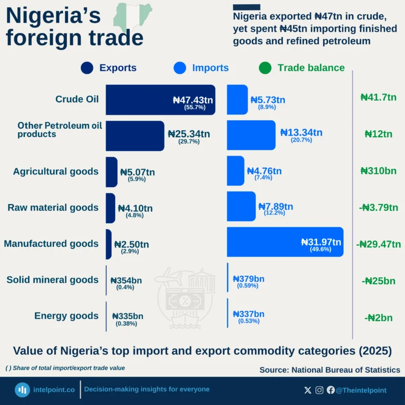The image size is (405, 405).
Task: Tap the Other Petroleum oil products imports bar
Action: click(x=251, y=135)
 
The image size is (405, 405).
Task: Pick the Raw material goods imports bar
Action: click(x=240, y=206)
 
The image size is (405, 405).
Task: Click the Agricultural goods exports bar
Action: click(x=111, y=172)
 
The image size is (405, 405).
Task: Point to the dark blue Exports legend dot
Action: click(x=87, y=68)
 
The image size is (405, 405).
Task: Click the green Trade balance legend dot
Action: click(x=265, y=68)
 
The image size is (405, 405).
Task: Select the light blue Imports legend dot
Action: click(x=180, y=68)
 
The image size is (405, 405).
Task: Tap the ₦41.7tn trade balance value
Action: click(x=378, y=97)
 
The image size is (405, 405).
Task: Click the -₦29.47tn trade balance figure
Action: click(x=377, y=244)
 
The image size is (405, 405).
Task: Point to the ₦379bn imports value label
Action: click(x=248, y=279)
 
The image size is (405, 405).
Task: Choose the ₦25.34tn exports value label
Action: click(x=189, y=134)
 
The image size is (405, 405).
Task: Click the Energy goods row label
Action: click(x=66, y=316)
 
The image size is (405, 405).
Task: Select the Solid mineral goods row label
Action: click(x=52, y=279)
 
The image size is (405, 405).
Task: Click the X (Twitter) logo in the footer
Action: click(x=308, y=390)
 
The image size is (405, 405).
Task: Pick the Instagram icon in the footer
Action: click(x=320, y=390)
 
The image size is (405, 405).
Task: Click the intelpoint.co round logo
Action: click(x=22, y=390)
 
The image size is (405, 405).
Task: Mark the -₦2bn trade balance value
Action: click(x=378, y=317)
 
